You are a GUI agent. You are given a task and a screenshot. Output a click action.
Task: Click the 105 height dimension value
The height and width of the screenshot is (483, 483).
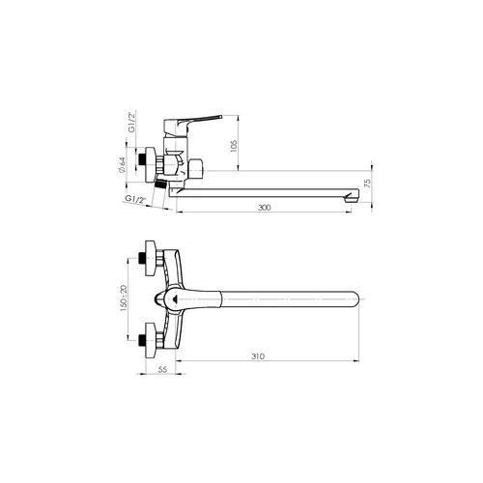click(234, 146)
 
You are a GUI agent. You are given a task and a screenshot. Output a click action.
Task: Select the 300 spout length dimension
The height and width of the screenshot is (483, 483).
click(265, 208)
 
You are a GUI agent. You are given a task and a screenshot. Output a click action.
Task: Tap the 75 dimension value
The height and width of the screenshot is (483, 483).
click(367, 184)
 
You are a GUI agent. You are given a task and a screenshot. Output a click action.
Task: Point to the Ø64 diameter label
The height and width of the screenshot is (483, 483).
click(122, 165)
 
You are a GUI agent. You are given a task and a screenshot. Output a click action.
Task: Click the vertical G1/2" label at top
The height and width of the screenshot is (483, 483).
click(131, 123)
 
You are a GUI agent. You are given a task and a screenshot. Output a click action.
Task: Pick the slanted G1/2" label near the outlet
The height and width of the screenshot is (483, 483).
click(135, 200)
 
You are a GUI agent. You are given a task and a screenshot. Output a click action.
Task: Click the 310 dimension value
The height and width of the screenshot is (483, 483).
click(258, 356)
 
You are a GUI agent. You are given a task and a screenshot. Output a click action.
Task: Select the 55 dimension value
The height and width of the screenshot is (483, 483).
click(163, 370)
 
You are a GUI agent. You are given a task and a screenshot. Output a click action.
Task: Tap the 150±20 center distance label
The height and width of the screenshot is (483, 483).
click(124, 298)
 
